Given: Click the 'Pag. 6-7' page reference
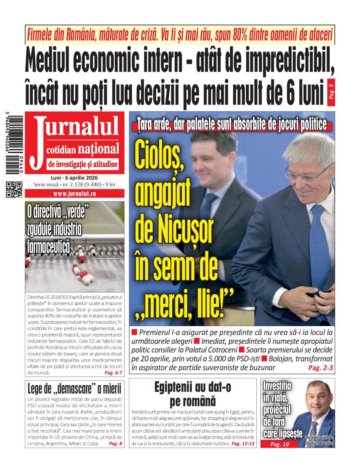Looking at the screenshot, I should pos(113,372).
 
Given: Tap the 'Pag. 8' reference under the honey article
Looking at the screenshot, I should pos(116,443).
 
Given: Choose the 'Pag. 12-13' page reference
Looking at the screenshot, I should pos(243,443).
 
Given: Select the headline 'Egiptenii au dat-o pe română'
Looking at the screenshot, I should pos(193,394).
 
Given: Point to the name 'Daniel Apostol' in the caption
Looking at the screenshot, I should pos(319,443).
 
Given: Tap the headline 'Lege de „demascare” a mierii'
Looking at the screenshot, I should pos(75,389).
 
